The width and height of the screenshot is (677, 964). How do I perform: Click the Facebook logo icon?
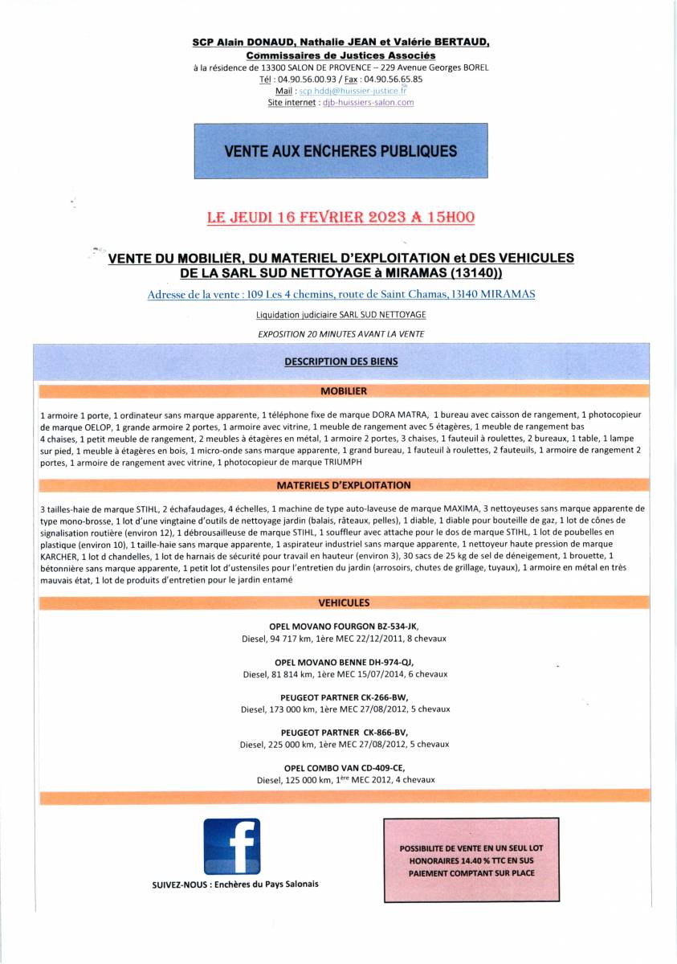[231, 845]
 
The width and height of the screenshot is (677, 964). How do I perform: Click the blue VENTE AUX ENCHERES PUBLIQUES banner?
[341, 150]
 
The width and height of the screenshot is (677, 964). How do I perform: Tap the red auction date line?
[341, 217]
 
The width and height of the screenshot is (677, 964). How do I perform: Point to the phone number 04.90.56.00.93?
[308, 80]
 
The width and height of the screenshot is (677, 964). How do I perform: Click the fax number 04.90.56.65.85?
[393, 80]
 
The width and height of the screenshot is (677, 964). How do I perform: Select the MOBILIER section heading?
[343, 391]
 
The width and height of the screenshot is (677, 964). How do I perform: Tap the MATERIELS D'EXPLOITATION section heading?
[343, 486]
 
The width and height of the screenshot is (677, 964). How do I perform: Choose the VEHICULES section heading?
[343, 602]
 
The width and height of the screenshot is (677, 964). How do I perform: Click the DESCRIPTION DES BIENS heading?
[341, 361]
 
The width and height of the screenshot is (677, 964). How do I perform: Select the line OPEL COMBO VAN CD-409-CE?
[345, 768]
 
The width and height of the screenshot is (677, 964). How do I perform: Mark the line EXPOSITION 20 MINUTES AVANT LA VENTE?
[341, 333]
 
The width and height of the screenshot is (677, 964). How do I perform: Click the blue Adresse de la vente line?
[341, 295]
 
